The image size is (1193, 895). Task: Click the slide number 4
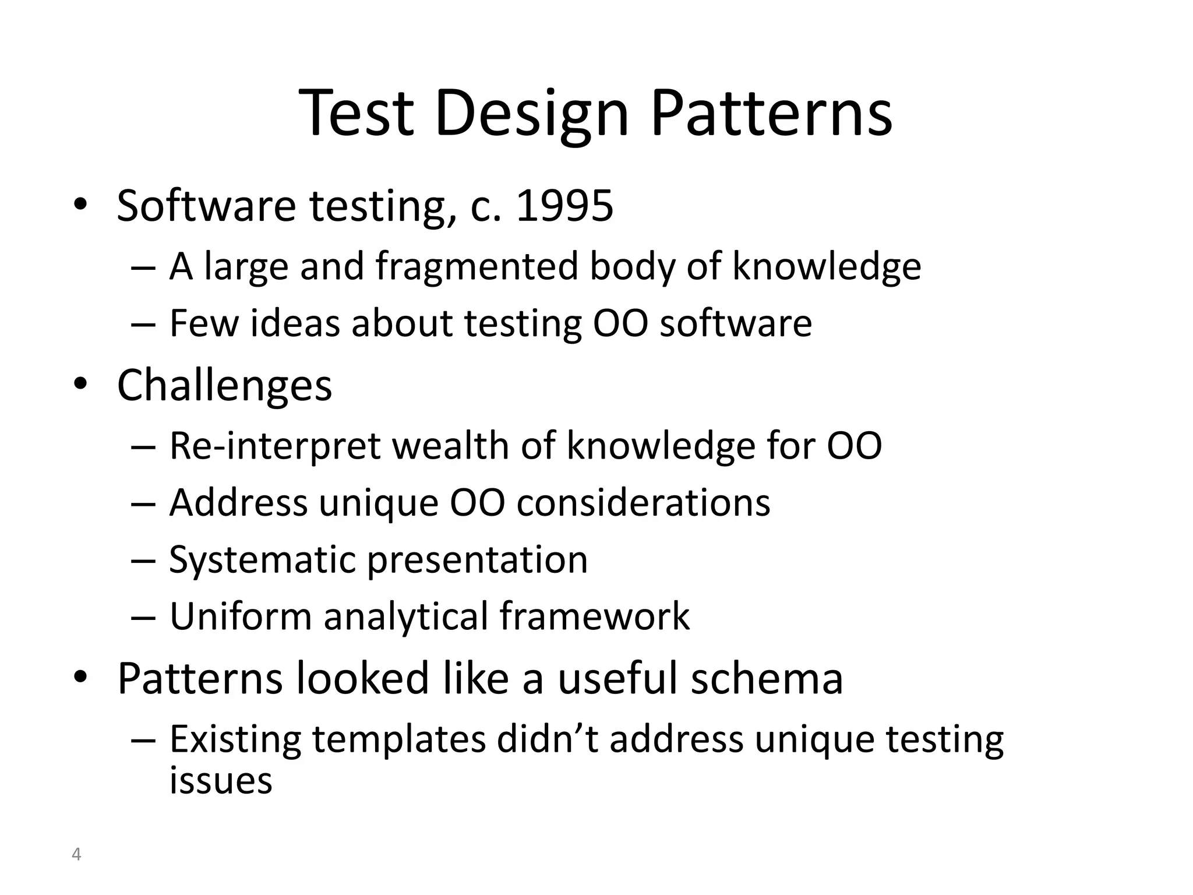76,855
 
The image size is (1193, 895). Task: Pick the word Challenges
224,386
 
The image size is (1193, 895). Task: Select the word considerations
643,502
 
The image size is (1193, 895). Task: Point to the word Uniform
241,616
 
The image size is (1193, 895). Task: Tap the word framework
594,616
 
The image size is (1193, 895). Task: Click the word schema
767,678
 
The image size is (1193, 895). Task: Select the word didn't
547,739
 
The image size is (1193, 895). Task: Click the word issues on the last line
221,781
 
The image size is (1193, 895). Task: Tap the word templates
398,739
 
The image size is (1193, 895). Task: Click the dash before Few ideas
143,324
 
